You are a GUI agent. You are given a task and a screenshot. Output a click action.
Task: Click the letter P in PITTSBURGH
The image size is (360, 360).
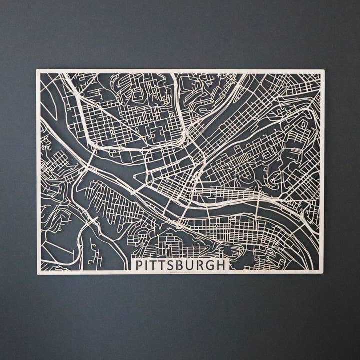(x=140, y=265)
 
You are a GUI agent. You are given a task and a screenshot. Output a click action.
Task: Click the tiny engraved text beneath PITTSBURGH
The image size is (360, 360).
(x=180, y=272)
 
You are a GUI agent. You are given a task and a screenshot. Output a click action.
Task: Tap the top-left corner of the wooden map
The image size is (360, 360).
(x=37, y=70)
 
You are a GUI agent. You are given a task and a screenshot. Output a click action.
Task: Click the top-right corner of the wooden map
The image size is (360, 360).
(x=323, y=70)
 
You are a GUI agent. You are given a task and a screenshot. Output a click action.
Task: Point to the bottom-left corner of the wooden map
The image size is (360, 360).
(x=38, y=274)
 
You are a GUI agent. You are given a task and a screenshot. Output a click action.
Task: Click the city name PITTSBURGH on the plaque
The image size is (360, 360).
(x=181, y=265)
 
